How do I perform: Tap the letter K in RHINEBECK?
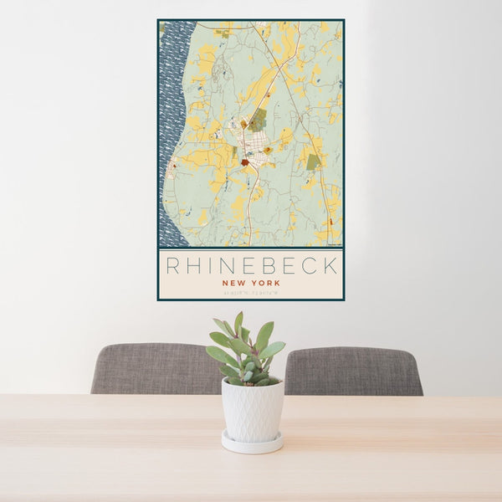tap(330, 266)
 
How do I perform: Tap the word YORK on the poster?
tap(266, 283)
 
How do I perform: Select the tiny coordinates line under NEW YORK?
tap(250, 293)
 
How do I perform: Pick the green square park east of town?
tap(313, 161)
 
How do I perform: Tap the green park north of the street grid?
tap(258, 120)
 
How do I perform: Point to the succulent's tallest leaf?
tap(238, 323)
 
